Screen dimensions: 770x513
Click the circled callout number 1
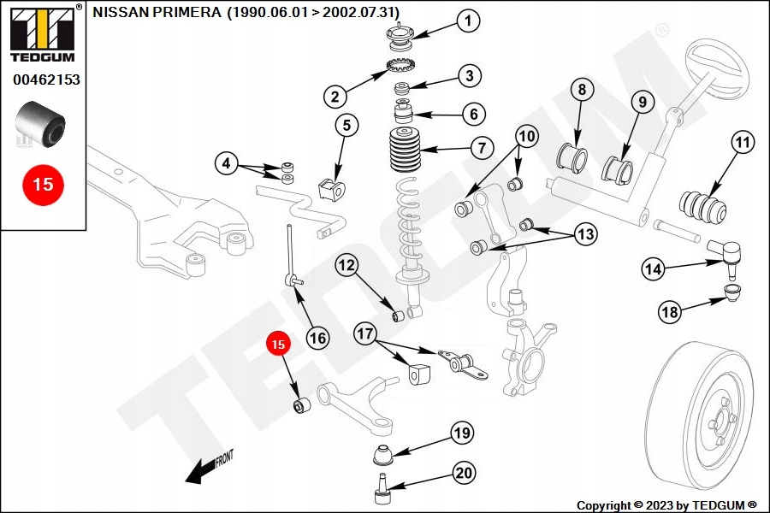coord(468,21)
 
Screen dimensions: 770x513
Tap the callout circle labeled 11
coord(742,143)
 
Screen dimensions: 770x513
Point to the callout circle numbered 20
coord(464,473)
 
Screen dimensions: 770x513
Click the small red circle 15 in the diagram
coord(278,344)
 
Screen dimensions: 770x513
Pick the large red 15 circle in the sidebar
coord(44,185)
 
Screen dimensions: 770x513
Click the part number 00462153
coord(46,80)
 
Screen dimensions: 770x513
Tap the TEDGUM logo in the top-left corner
coord(44,32)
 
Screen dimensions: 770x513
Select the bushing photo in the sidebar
coord(40,125)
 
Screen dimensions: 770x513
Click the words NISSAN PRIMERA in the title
coord(157,12)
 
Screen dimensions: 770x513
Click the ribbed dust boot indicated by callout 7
coord(405,150)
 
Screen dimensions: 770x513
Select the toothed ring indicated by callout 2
coord(402,65)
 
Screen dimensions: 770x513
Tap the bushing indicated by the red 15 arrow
coord(301,405)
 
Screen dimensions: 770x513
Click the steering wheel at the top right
coord(717,69)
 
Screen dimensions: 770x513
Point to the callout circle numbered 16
coord(317,339)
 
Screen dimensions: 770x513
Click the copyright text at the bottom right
coord(666,505)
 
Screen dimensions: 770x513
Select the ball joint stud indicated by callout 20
coord(382,489)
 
